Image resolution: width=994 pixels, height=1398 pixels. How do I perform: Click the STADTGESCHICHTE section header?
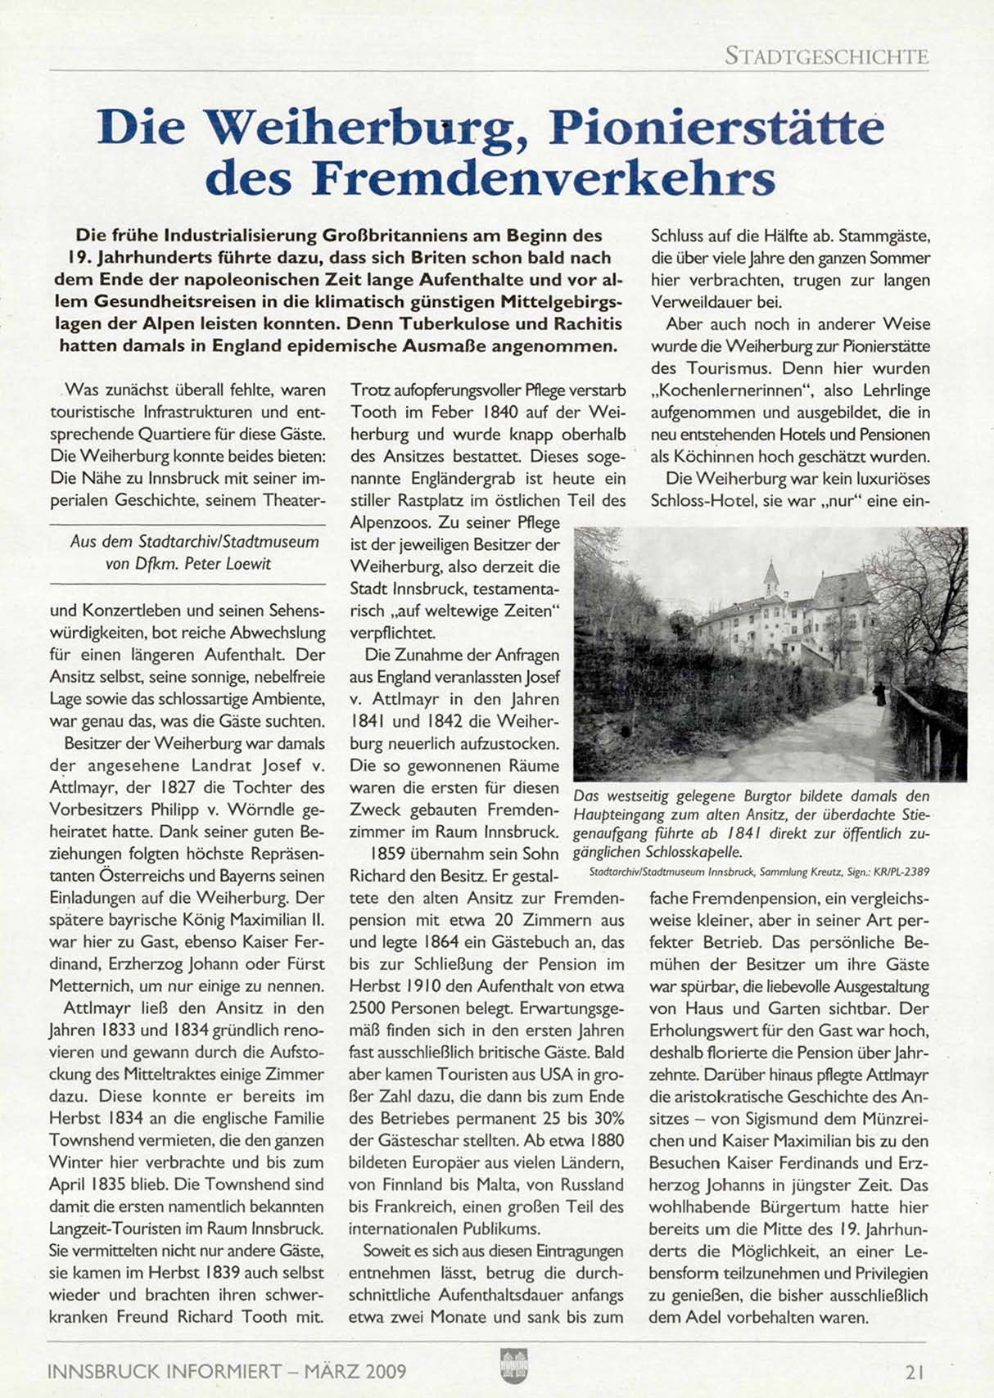click(826, 56)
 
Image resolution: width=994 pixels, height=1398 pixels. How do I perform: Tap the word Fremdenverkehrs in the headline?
click(544, 178)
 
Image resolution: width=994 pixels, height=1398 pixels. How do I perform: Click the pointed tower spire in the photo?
click(770, 569)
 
